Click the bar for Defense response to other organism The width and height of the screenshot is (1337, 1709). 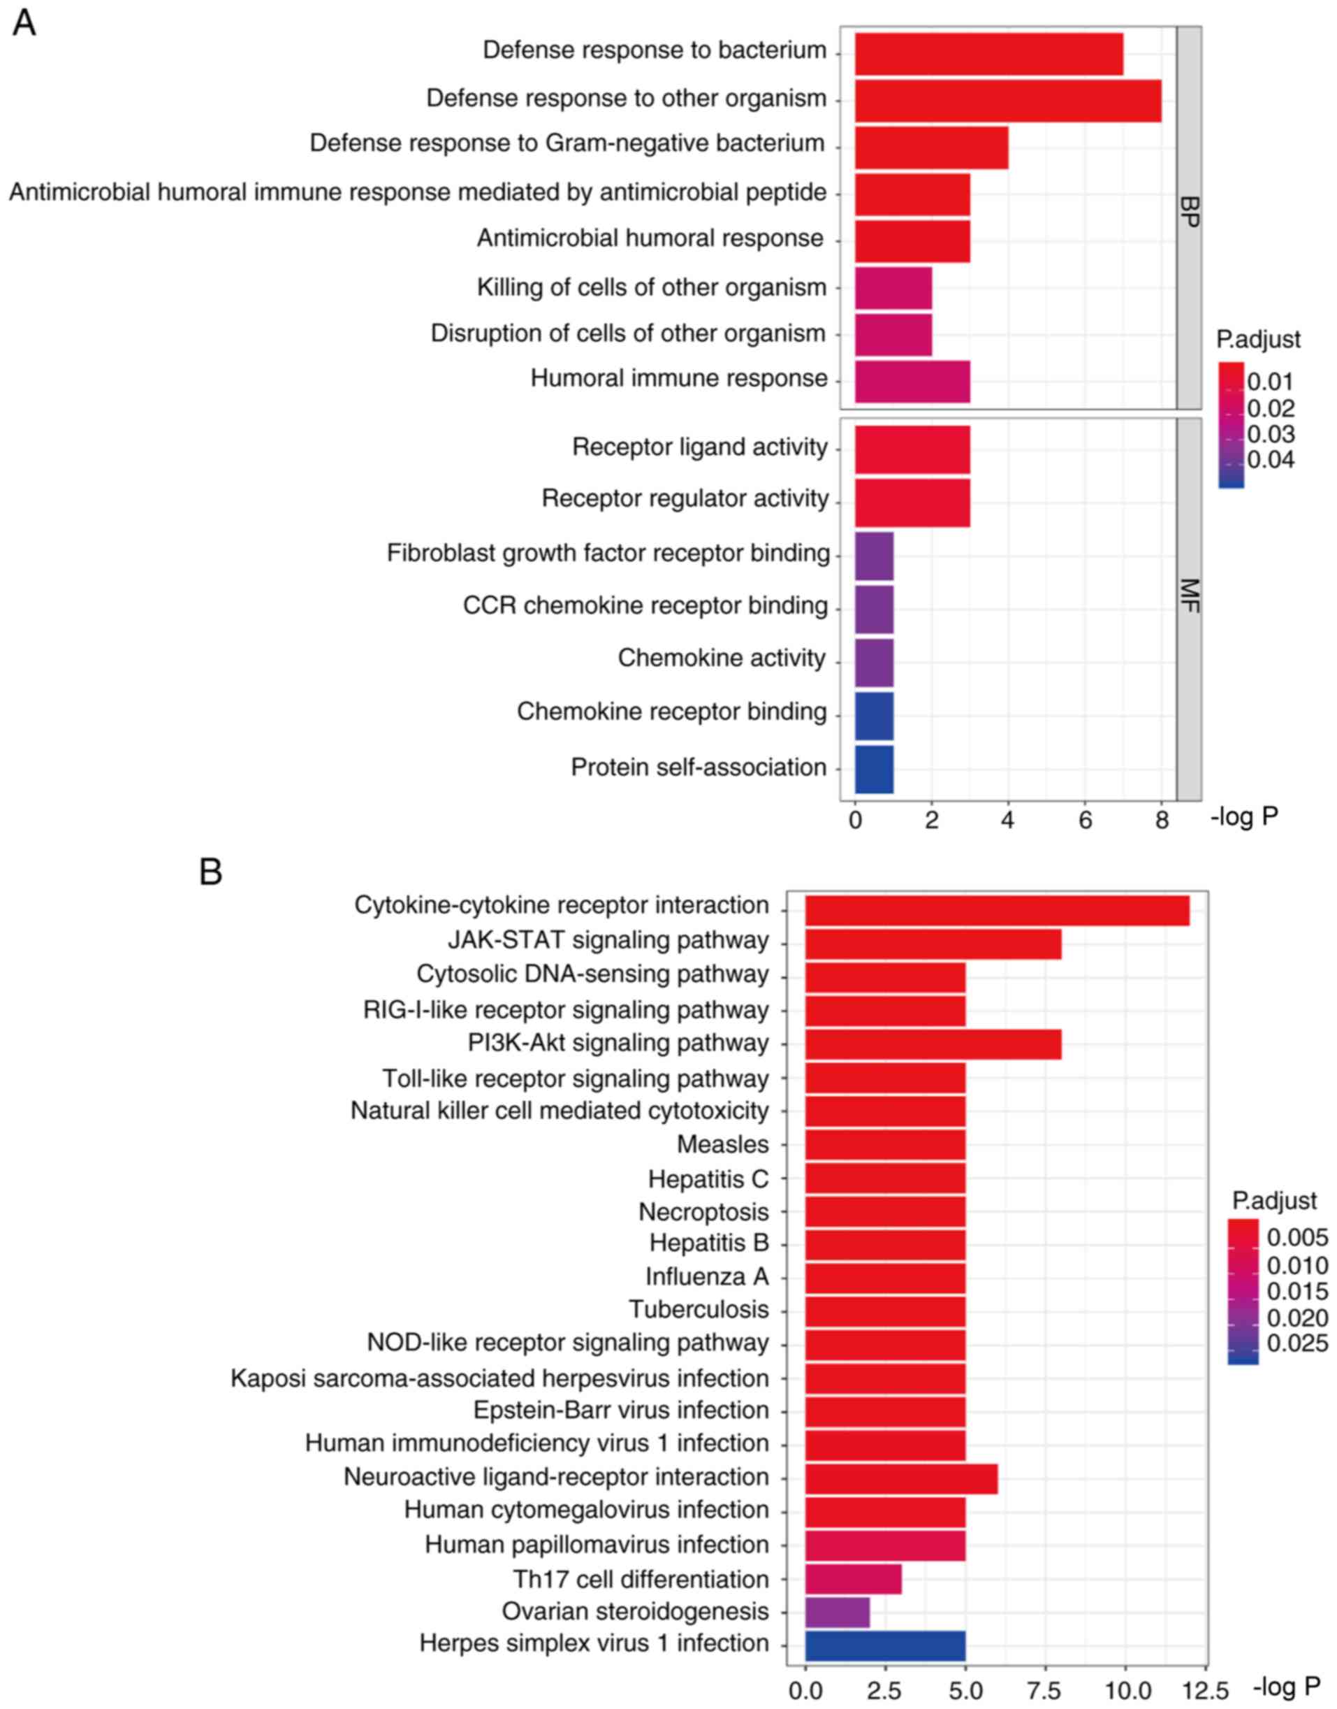point(1007,100)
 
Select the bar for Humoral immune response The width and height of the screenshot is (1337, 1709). point(912,382)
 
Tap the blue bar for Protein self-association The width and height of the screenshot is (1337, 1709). point(874,769)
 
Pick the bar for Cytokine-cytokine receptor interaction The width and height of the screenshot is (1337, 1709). point(997,911)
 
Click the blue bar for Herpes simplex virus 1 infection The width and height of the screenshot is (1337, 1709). point(884,1643)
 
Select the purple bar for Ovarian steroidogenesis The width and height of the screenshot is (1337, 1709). point(837,1612)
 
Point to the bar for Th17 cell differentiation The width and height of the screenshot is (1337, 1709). point(853,1579)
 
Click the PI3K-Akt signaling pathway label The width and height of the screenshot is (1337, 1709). point(618,1044)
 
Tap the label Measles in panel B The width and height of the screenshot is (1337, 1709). point(722,1144)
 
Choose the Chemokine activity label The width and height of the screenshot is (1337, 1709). point(722,658)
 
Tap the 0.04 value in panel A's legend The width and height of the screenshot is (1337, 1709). point(1271,460)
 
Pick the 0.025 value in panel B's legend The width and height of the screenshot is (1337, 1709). point(1296,1344)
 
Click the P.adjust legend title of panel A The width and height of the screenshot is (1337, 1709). point(1258,340)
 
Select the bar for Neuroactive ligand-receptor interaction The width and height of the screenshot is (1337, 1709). point(901,1478)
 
